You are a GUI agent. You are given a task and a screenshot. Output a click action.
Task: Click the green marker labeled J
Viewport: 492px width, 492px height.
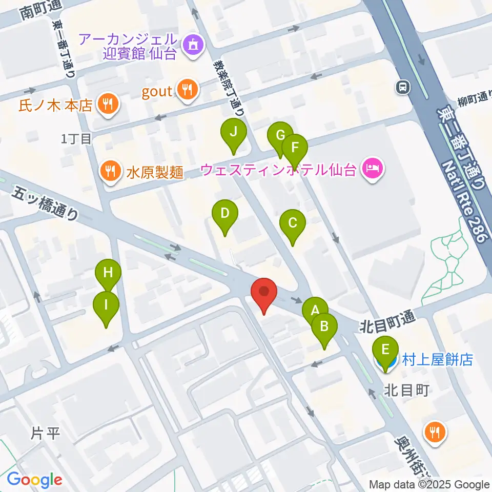pos(233,133)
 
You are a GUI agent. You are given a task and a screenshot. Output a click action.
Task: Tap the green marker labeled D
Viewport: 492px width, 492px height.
pos(224,214)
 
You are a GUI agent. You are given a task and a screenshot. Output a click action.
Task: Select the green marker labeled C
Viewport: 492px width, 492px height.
pos(293,223)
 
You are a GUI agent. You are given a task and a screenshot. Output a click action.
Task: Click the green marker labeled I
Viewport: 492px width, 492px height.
pos(106,306)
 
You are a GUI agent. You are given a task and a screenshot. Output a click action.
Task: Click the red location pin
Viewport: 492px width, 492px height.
pos(264,293)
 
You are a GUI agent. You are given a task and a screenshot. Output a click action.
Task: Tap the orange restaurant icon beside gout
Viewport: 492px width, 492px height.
pos(185,90)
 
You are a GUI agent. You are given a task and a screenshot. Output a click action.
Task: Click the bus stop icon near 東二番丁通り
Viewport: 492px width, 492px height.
pos(403,88)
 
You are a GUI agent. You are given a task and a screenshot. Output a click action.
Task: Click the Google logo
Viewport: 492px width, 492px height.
pos(34,480)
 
